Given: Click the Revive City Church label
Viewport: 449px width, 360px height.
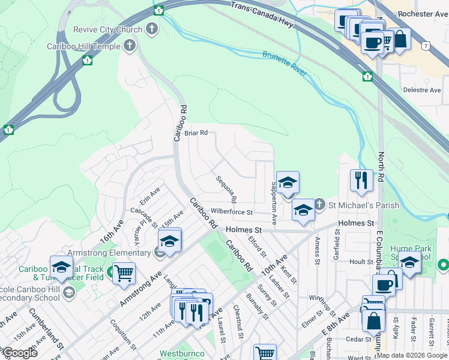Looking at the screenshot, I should point(108,29).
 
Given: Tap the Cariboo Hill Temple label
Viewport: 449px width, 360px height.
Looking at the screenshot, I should point(83,46).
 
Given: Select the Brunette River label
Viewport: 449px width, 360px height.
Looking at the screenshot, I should point(284,64).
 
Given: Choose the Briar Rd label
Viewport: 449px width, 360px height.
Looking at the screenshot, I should point(196,133).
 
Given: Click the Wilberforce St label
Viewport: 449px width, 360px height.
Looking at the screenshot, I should point(232,212).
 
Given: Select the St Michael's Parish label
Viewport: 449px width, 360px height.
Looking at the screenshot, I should point(363,205).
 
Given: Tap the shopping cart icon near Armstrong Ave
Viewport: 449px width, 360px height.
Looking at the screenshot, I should point(124,274).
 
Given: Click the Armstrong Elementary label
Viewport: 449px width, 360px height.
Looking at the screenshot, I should point(109,253).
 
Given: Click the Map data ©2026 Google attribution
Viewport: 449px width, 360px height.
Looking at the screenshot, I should point(411,355).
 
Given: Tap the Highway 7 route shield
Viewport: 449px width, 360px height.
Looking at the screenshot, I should point(426,46).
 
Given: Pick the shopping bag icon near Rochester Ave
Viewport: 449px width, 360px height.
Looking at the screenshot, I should point(400,39).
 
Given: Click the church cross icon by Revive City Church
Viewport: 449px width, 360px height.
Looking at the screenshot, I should point(152,28).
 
